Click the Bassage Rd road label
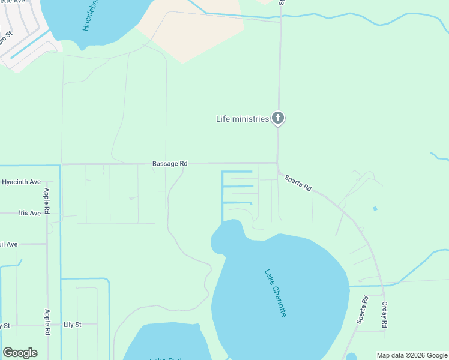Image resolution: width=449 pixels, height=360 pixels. coord(170,163)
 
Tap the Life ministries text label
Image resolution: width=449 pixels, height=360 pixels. coord(242,119)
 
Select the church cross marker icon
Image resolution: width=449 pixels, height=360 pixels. coord(277,118)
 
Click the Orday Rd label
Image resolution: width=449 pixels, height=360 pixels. coord(385,314)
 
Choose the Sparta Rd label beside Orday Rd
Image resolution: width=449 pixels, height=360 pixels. coord(361,310)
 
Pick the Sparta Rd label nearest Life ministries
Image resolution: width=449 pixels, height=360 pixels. coord(298,182)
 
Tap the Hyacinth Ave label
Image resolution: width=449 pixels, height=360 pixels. coord(21,182)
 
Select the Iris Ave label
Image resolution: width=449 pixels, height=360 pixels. coord(29,213)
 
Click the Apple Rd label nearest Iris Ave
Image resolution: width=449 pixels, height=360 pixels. coord(47,202)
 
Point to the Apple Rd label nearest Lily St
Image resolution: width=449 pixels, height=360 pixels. coord(47,323)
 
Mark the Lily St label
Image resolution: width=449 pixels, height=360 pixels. coord(72,325)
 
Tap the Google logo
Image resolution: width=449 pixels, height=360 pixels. coord(20,353)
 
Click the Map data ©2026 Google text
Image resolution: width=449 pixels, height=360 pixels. coord(412,355)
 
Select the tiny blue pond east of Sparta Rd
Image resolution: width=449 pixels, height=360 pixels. coord(375,209)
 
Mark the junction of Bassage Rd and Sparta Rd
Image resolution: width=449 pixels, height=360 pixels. coord(277,163)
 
